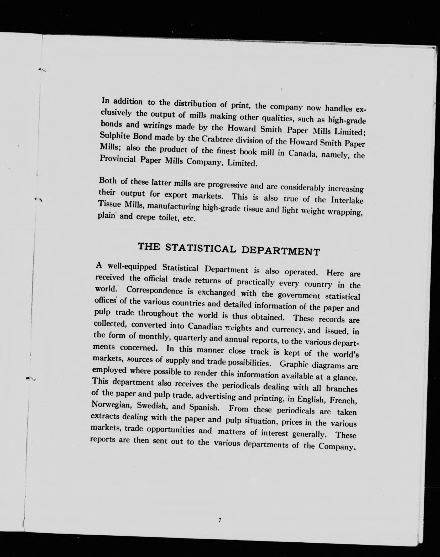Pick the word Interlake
pos(347,200)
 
